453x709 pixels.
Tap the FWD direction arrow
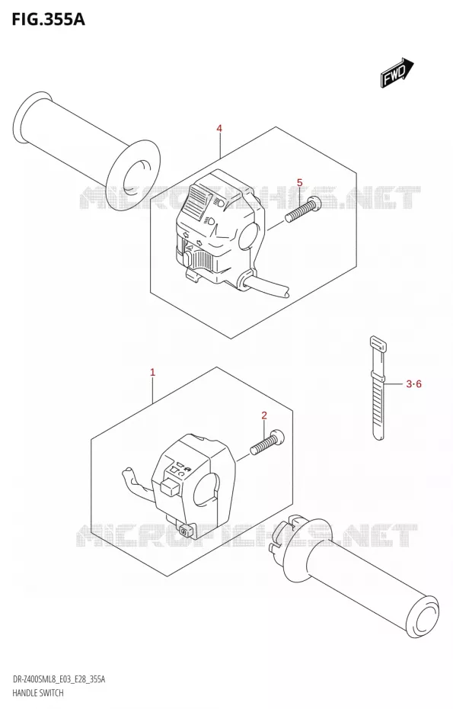(x=397, y=72)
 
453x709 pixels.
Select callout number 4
(x=219, y=129)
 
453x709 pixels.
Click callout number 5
(x=299, y=183)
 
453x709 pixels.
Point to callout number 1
(x=153, y=373)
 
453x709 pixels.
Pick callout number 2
(x=264, y=415)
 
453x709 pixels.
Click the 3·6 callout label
(x=413, y=384)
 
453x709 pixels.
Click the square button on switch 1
(x=168, y=486)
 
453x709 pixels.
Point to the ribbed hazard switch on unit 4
(x=205, y=261)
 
